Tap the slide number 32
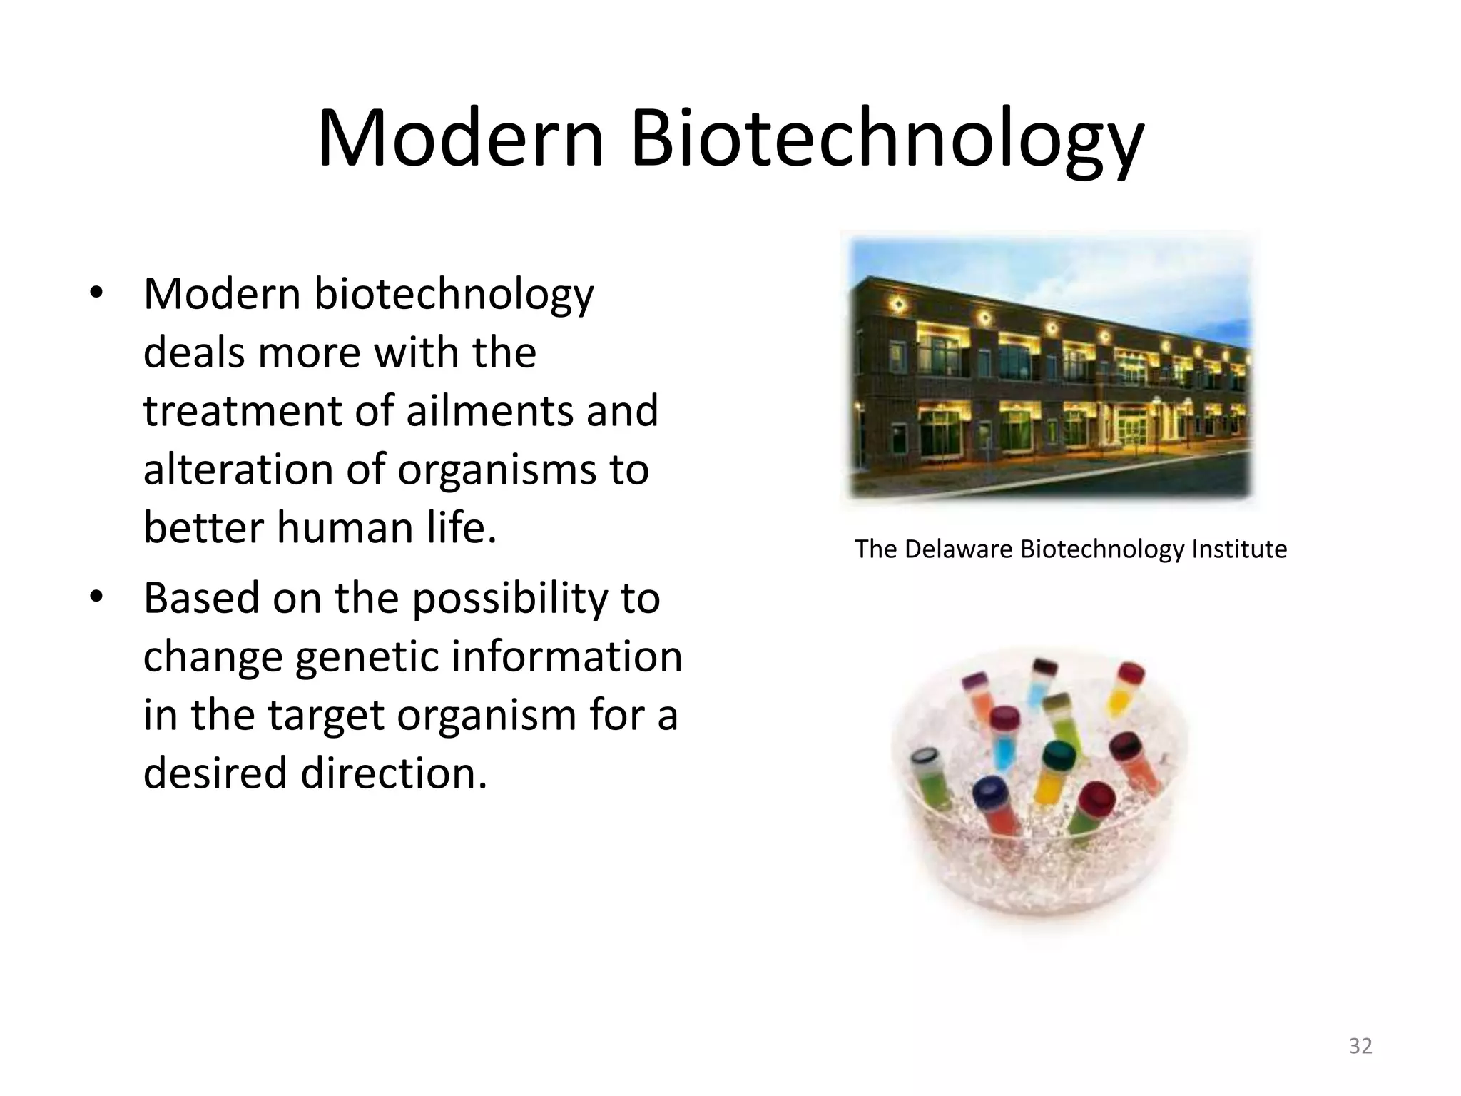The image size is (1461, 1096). pyautogui.click(x=1360, y=1046)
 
